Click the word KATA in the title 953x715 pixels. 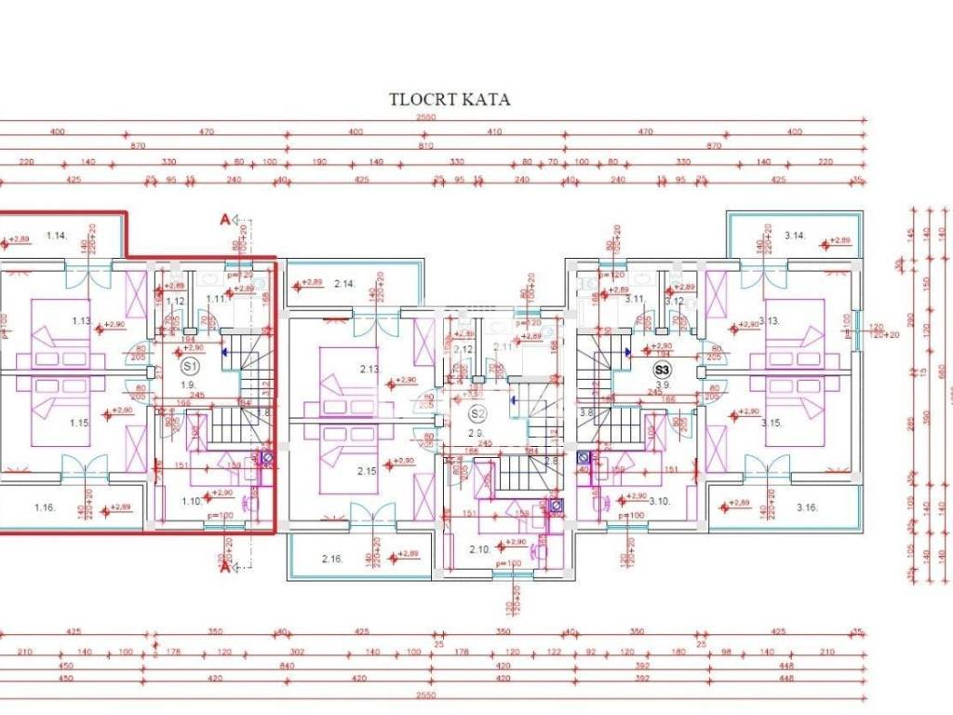(489, 100)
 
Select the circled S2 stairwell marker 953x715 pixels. (477, 413)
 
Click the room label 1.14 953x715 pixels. (57, 236)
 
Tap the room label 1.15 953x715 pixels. (78, 423)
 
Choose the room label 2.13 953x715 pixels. (369, 369)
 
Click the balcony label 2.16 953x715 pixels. (332, 559)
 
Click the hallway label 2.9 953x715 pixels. (475, 433)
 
